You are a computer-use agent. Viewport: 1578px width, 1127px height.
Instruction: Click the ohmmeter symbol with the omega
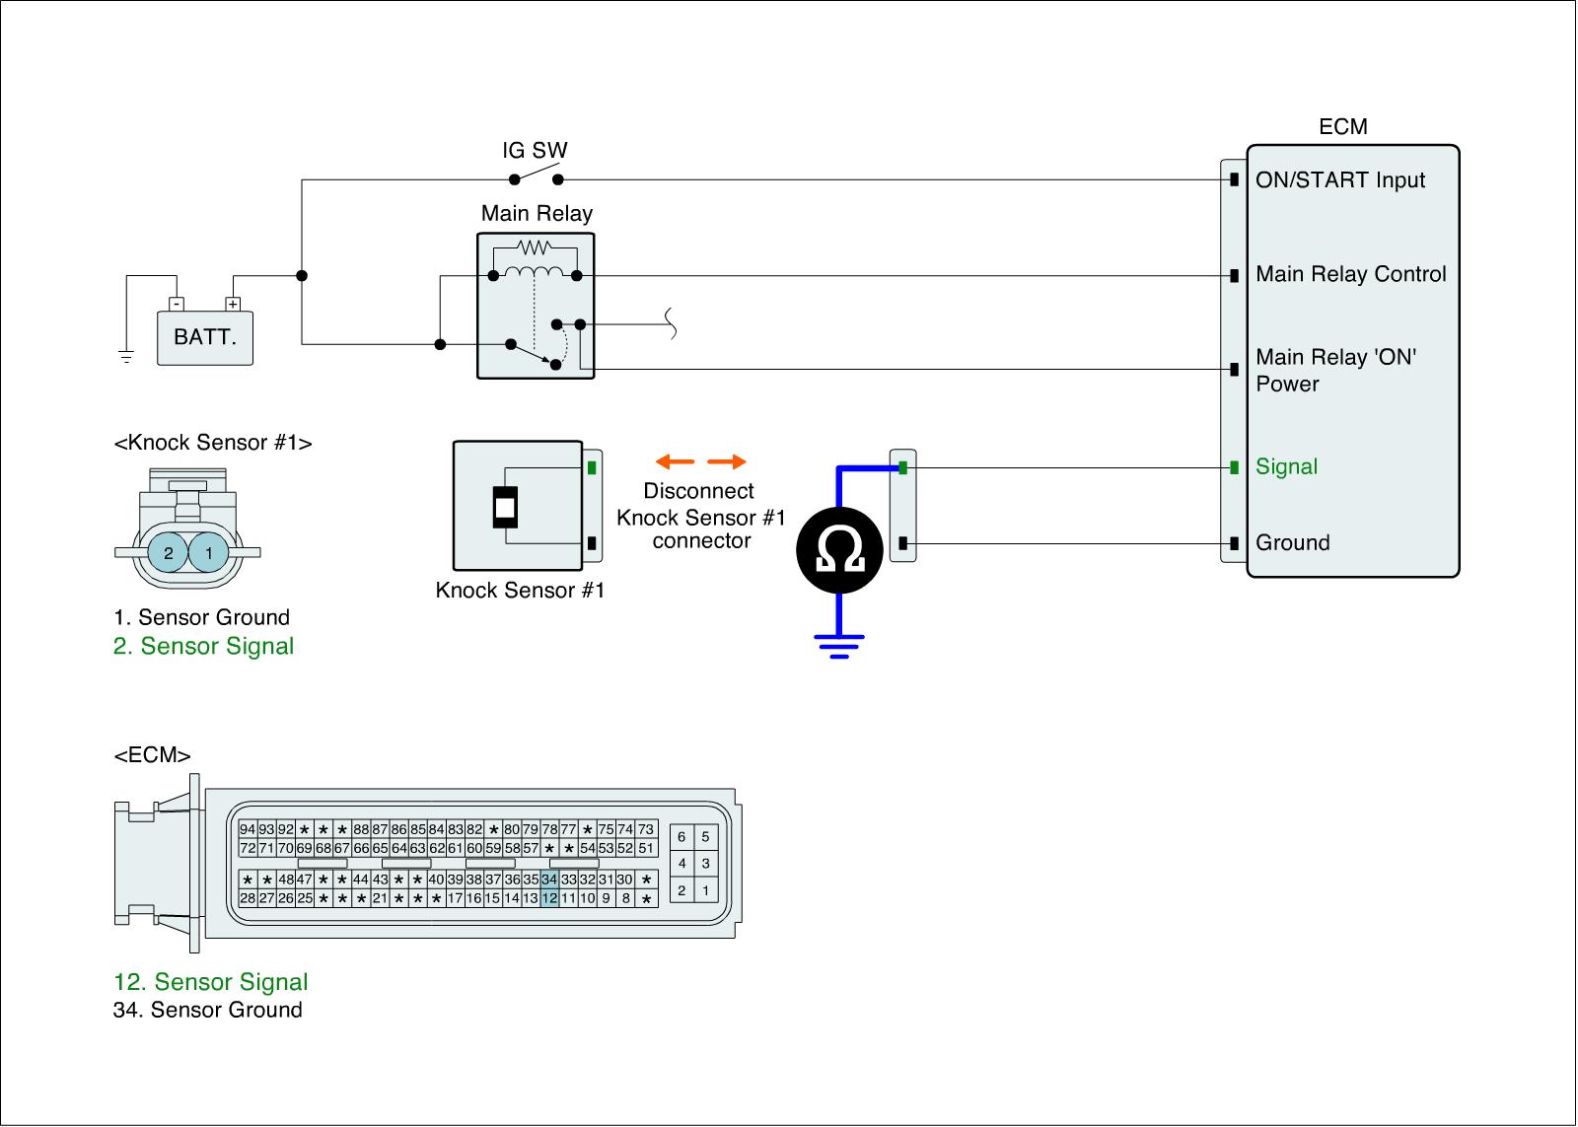tap(839, 551)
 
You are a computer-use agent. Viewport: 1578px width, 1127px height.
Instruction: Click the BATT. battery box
tap(205, 337)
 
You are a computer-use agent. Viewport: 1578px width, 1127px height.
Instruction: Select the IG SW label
tap(535, 151)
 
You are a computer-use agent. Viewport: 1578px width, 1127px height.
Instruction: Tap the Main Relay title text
tap(537, 214)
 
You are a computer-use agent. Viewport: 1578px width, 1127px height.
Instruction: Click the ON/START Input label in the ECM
tap(1340, 180)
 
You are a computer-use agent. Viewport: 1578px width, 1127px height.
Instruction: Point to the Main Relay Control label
tap(1350, 275)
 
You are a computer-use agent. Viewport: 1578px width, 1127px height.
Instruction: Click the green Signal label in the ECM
tap(1286, 467)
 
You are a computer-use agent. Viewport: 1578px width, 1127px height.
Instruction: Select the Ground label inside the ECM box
tap(1292, 543)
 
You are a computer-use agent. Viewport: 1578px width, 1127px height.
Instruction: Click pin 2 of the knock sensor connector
tap(169, 553)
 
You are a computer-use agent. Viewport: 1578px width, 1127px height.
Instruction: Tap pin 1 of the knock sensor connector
tap(209, 553)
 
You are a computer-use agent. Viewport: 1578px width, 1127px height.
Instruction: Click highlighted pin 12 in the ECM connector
tap(549, 898)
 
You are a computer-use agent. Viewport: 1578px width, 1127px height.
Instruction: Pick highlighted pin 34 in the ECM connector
tap(549, 880)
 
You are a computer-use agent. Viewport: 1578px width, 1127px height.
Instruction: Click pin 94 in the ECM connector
tap(248, 830)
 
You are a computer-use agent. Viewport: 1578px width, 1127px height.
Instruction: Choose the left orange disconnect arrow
tap(676, 461)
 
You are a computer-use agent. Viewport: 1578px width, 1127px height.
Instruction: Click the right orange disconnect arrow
tap(727, 461)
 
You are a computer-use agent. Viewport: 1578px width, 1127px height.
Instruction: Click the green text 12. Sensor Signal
tap(211, 982)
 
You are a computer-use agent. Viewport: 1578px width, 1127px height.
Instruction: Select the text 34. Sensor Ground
tap(208, 1011)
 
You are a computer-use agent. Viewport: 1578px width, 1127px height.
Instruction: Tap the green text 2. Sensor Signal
tap(204, 647)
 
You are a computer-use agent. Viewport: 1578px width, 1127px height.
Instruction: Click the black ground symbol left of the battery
tap(126, 356)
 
